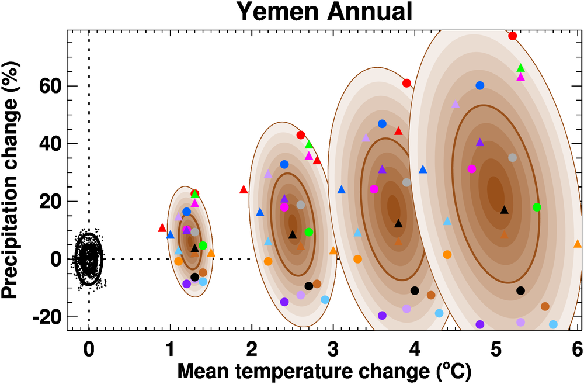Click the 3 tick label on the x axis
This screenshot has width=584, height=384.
pyautogui.click(x=333, y=350)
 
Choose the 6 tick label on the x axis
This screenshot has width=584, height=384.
pyautogui.click(x=577, y=350)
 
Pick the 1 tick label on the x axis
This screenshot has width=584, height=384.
pyautogui.click(x=170, y=350)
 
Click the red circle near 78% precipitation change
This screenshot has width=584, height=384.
pyautogui.click(x=513, y=36)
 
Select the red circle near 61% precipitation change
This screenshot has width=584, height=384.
pyautogui.click(x=406, y=83)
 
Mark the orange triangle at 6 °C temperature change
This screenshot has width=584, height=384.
pyautogui.click(x=578, y=244)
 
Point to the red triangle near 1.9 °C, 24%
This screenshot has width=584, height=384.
pyautogui.click(x=244, y=189)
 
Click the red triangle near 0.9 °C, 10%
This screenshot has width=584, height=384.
pyautogui.click(x=162, y=228)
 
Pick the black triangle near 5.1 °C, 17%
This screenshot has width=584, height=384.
pyautogui.click(x=505, y=210)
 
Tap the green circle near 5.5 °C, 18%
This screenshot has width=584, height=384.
pyautogui.click(x=537, y=207)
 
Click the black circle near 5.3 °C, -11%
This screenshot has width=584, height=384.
pyautogui.click(x=520, y=290)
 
